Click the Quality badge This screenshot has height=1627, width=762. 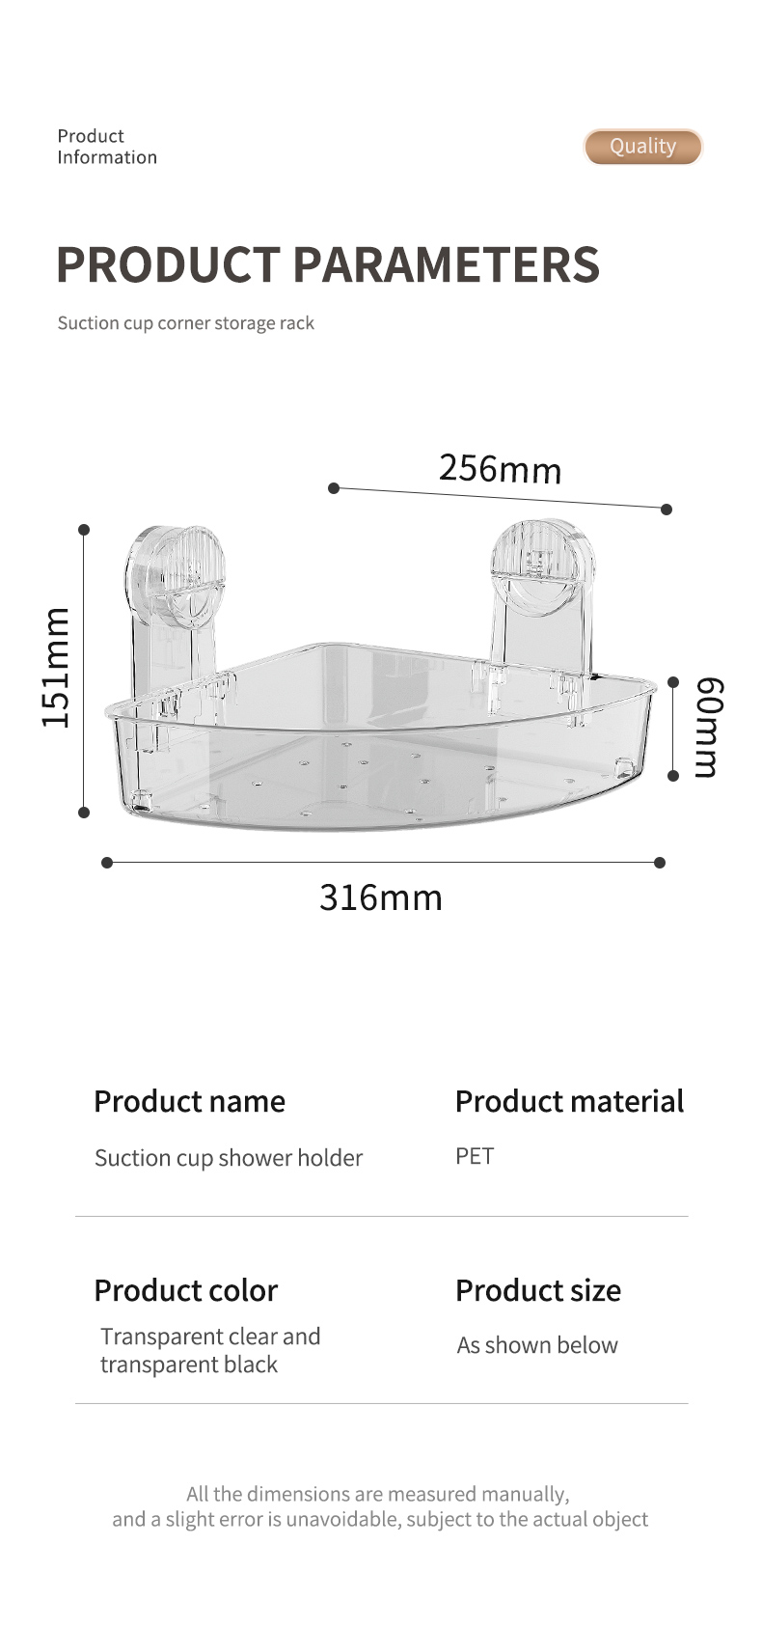pos(643,147)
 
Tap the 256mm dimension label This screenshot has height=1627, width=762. pos(500,468)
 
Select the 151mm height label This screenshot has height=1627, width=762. pos(56,668)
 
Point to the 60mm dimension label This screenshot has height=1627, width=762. pos(708,727)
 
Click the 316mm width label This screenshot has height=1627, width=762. pos(381,897)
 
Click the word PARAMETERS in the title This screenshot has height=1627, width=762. pos(447,264)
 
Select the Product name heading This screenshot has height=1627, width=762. pos(189,1101)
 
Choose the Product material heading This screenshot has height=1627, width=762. pos(570,1101)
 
